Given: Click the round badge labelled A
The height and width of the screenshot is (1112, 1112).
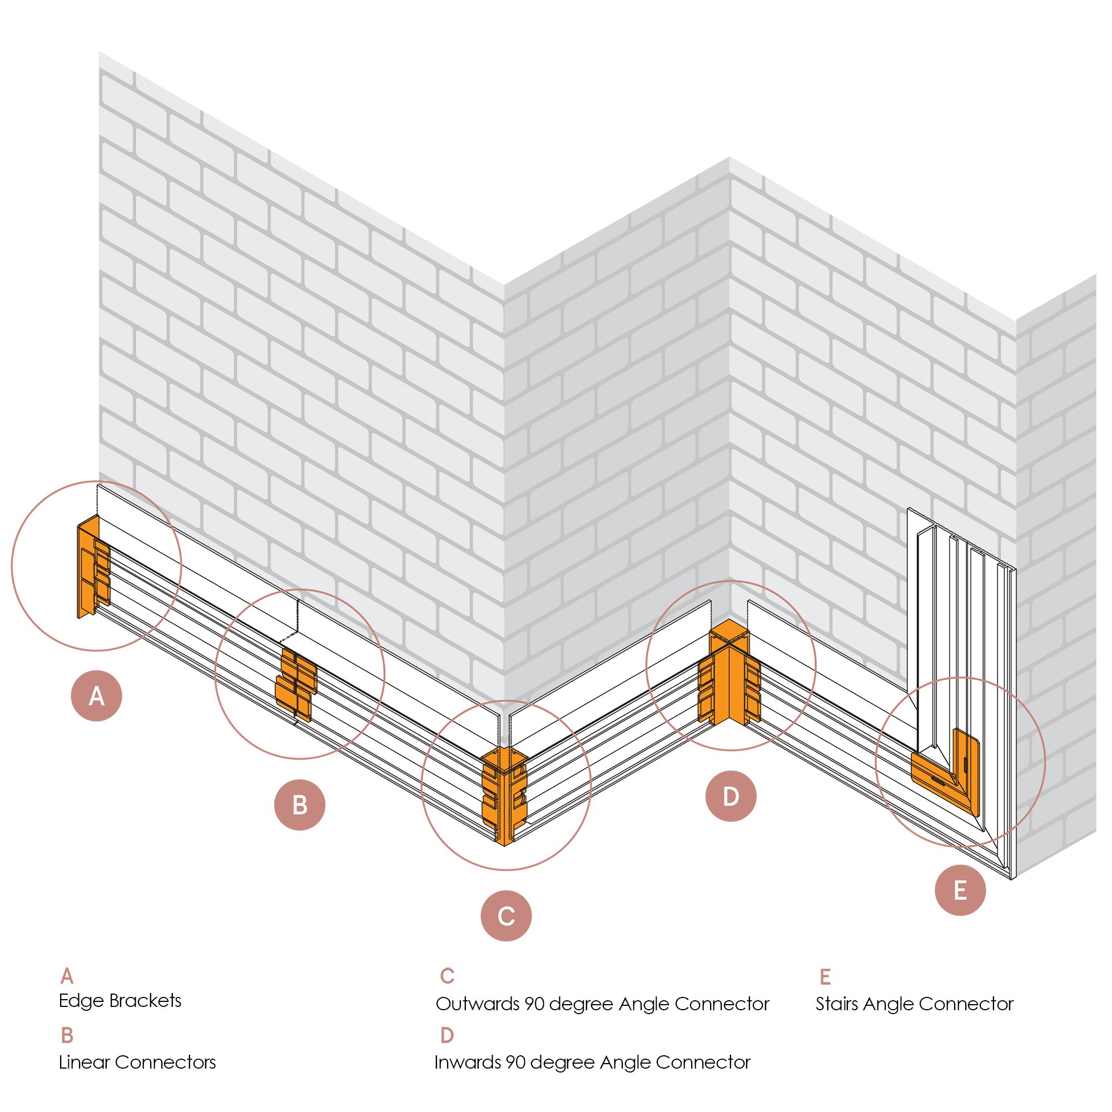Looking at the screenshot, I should [96, 696].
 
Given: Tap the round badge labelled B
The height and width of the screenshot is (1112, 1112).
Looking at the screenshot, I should [299, 805].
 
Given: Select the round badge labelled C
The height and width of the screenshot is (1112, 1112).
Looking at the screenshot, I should [506, 916].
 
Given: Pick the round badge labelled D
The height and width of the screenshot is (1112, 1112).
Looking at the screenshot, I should [731, 796].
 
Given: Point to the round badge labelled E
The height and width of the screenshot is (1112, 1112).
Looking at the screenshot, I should [960, 890].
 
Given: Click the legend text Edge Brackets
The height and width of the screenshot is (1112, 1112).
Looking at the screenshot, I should [120, 1000].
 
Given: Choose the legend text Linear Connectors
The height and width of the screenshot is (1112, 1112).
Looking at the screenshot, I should [137, 1062].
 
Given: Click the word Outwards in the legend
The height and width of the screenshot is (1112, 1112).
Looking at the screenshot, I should [477, 1004].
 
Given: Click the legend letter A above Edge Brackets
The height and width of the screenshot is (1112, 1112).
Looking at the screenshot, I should [67, 976].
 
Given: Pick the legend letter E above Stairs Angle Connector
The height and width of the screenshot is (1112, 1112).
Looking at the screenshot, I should [825, 977].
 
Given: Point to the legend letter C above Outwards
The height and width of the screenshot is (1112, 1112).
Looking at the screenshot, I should [447, 976].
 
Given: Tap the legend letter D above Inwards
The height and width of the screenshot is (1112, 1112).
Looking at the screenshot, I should [447, 1035].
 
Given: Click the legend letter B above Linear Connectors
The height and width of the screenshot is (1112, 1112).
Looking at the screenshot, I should [67, 1035].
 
